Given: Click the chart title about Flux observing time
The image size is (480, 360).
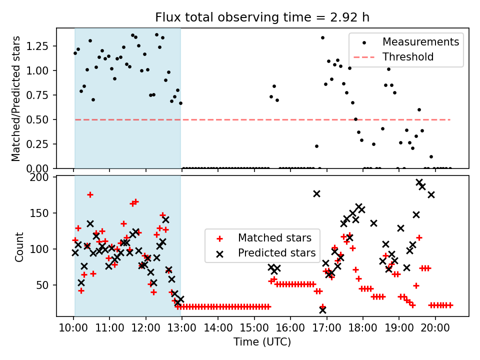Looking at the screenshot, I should (x=262, y=18).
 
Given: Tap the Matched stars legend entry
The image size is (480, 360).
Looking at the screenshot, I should (x=274, y=237).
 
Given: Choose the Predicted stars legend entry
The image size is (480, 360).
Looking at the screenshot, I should (x=276, y=253).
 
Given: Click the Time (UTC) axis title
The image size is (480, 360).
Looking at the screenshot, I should (x=262, y=342).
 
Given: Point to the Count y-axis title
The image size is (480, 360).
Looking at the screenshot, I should (x=19, y=246).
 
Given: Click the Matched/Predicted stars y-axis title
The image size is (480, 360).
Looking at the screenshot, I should (x=16, y=98).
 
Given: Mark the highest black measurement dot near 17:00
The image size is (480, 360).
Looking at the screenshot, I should (x=322, y=37).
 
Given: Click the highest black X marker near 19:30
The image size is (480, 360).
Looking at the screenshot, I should (x=419, y=182).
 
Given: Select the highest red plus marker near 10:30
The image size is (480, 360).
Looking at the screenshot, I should (x=90, y=194).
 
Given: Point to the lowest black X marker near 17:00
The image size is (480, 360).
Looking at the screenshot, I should (x=322, y=310).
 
